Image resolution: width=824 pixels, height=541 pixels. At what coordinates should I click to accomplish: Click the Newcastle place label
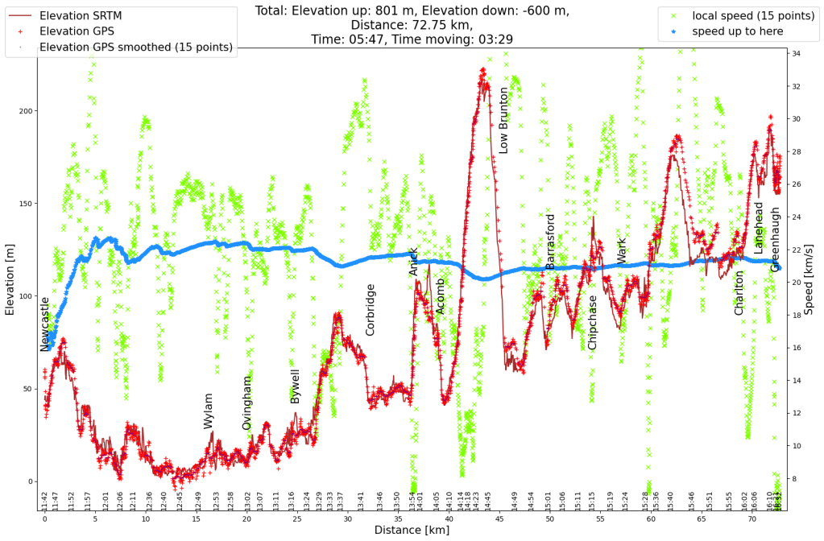pyautogui.click(x=45, y=324)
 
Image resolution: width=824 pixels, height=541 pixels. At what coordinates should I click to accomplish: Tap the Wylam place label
pyautogui.click(x=209, y=411)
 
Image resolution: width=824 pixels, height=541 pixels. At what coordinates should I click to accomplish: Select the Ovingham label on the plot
pyautogui.click(x=247, y=403)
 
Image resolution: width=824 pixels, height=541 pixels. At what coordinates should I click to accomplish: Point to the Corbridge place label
pyautogui.click(x=370, y=310)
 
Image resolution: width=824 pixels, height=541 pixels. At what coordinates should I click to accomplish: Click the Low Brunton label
pyautogui.click(x=504, y=121)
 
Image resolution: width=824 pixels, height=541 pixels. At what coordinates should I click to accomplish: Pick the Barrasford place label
pyautogui.click(x=550, y=242)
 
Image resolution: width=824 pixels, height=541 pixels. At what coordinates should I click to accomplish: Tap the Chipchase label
pyautogui.click(x=593, y=322)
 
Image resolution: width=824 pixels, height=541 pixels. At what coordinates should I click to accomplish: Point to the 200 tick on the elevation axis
pyautogui.click(x=27, y=111)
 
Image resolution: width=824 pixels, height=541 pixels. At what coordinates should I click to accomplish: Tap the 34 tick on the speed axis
pyautogui.click(x=796, y=54)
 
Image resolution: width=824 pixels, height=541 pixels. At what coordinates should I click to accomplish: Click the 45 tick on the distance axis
pyautogui.click(x=499, y=520)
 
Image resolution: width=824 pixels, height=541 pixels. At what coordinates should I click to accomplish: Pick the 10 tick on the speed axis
pyautogui.click(x=796, y=446)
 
